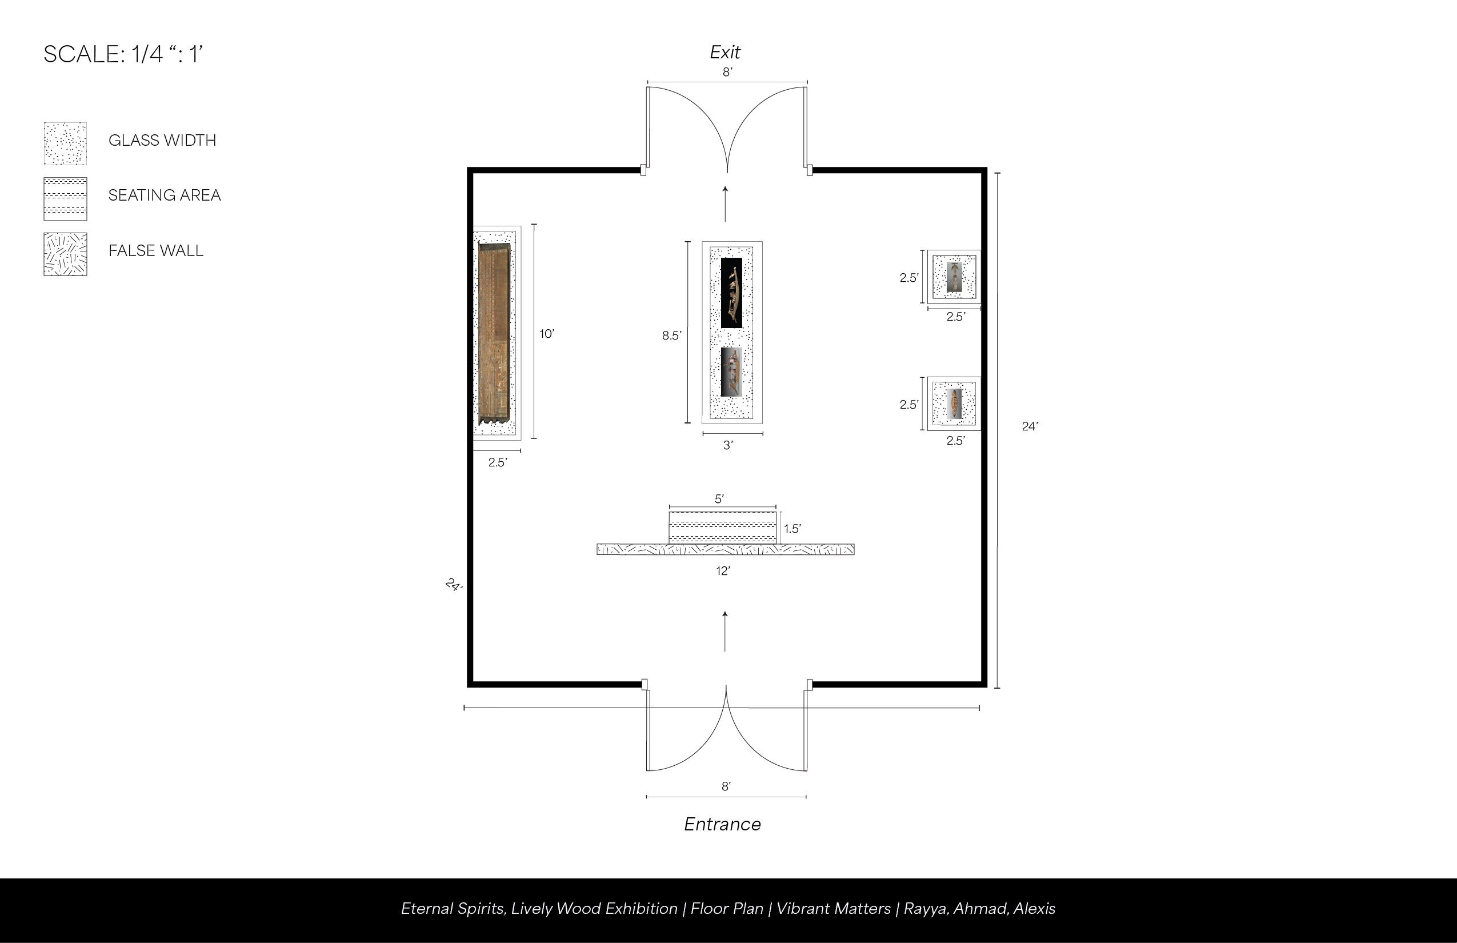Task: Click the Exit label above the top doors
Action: [725, 52]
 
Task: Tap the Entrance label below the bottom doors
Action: [722, 824]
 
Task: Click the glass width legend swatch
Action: [65, 144]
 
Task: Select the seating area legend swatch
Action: [65, 199]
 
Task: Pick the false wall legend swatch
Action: [65, 254]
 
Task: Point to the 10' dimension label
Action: [547, 334]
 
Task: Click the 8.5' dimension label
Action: [671, 335]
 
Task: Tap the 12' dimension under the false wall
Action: [723, 571]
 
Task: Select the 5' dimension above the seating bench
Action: [719, 499]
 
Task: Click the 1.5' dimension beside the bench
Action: [792, 529]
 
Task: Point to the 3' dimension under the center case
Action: [728, 445]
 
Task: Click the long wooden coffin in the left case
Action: [494, 334]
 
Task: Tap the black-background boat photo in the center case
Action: [731, 293]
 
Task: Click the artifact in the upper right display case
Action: [954, 277]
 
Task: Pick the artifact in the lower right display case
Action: [954, 403]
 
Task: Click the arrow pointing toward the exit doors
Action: [726, 203]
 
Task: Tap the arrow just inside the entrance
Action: [726, 632]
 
